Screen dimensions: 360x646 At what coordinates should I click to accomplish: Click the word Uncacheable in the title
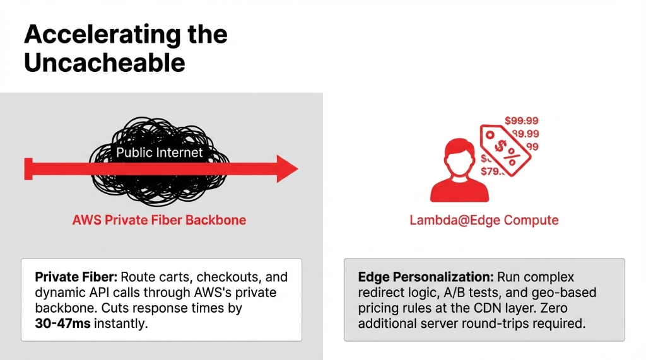coord(105,63)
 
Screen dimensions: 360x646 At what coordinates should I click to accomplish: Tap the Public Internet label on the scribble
coord(160,153)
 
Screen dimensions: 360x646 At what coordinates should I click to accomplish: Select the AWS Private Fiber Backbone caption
coord(159,220)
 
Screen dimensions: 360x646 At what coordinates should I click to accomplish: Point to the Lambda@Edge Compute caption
coord(484,220)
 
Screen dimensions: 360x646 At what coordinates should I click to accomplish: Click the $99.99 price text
coord(522,120)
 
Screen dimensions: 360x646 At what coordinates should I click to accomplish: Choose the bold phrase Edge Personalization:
coord(426,277)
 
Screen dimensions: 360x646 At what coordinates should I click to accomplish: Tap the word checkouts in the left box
coord(227,277)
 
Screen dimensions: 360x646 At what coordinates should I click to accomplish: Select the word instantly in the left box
coord(126,323)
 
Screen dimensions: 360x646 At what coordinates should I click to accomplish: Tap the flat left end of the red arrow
coord(28,169)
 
